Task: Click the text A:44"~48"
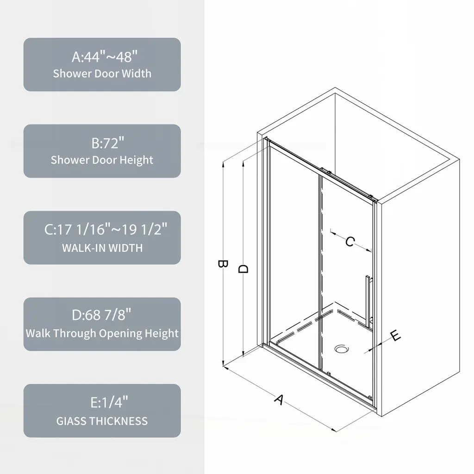click(104, 56)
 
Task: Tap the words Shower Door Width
click(102, 74)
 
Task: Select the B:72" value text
click(107, 143)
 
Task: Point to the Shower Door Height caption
click(102, 160)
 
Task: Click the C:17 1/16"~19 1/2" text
click(106, 229)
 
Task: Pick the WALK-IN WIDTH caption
click(102, 248)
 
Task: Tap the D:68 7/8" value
click(101, 315)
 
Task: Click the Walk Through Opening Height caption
click(102, 333)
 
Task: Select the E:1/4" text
click(109, 402)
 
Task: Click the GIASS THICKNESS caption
click(102, 421)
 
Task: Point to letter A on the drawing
click(279, 399)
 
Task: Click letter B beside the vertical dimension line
click(223, 264)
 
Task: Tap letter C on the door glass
click(350, 242)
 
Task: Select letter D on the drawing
click(243, 269)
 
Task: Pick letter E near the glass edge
click(395, 336)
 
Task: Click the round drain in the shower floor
click(342, 349)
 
